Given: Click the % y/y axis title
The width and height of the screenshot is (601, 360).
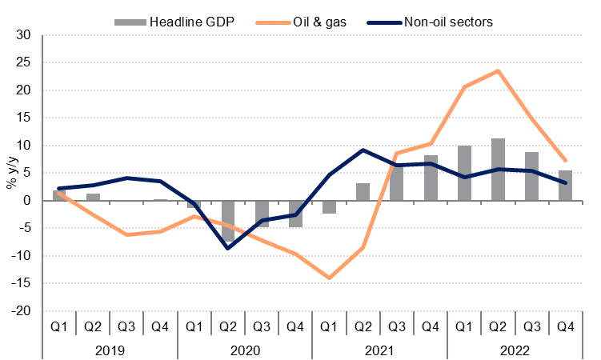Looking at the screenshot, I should (10, 174).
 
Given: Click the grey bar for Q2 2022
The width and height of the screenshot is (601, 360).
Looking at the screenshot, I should (498, 170).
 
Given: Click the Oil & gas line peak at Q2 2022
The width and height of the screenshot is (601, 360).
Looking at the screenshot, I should (498, 71).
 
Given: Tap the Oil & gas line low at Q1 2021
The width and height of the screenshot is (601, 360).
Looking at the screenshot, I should (330, 278).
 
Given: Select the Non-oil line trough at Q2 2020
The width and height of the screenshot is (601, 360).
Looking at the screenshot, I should (229, 248).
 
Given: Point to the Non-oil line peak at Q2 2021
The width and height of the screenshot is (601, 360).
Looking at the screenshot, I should (363, 150).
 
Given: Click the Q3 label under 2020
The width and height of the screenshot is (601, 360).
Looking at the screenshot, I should (262, 326).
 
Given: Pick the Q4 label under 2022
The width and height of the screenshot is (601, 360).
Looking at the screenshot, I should (565, 326).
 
